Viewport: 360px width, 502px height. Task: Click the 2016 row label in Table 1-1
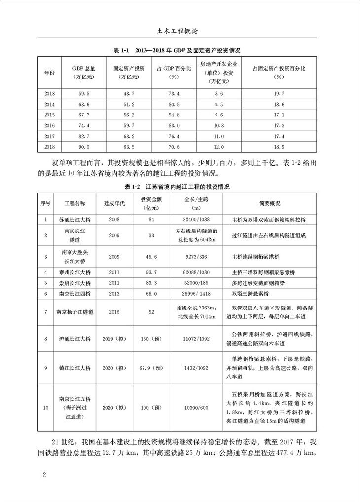(x=50, y=125)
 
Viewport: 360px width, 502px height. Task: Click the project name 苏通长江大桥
(x=74, y=219)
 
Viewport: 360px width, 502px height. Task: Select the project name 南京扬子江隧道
(x=74, y=312)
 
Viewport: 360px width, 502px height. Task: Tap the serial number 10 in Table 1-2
(x=46, y=407)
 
